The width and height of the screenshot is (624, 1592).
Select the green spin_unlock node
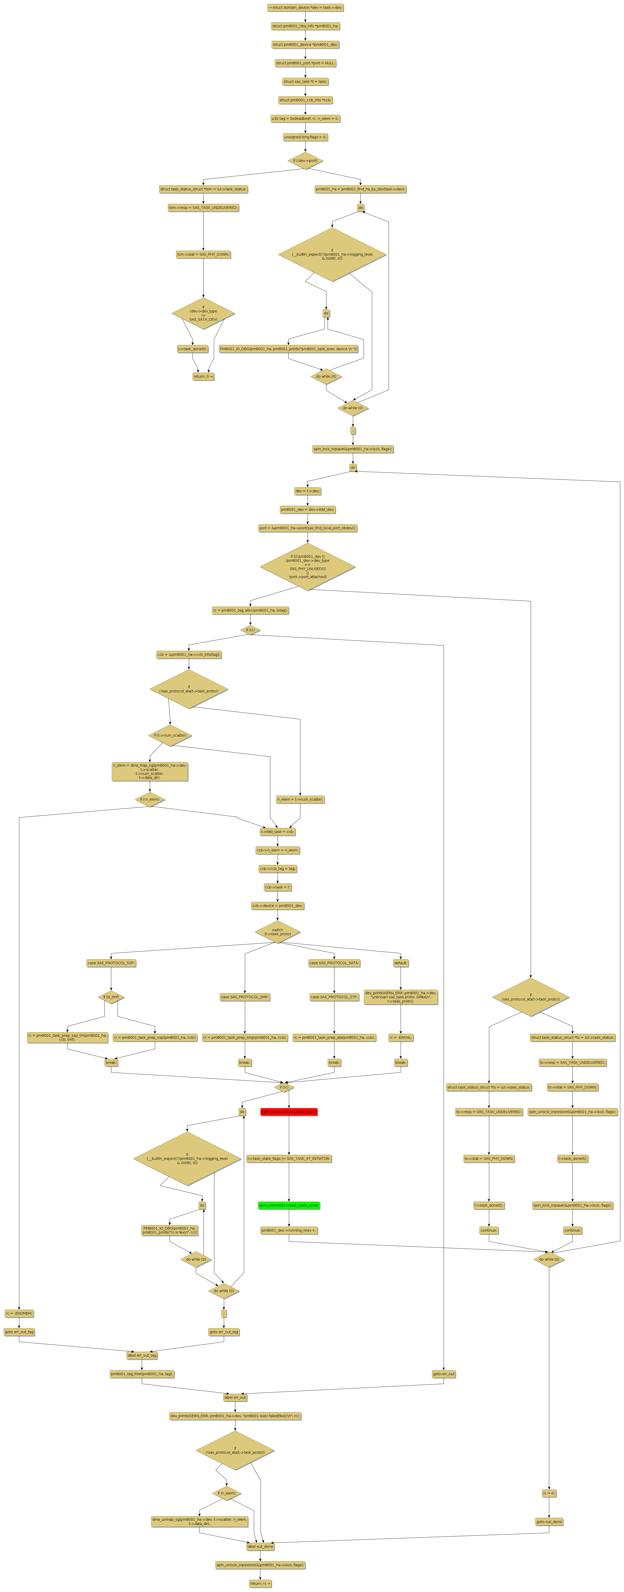tap(289, 1205)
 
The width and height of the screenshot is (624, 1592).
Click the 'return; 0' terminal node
tap(203, 376)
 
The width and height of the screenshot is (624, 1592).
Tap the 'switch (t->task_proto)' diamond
tap(277, 932)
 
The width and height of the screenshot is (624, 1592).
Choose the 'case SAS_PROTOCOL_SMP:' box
tap(245, 997)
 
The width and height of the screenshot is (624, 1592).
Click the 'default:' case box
tap(400, 963)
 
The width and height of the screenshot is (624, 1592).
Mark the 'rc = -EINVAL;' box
tap(400, 1038)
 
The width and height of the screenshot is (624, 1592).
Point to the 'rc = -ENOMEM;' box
tap(19, 1313)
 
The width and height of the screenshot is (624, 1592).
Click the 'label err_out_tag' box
tap(142, 1355)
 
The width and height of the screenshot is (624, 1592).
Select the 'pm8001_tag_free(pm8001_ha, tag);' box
tap(142, 1374)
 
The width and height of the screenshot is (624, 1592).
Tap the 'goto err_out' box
tap(444, 1374)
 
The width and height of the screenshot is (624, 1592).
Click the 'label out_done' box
tap(260, 1546)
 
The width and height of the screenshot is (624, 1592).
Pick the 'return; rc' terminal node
tap(260, 1583)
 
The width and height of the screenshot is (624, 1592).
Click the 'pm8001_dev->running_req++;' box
tap(289, 1231)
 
